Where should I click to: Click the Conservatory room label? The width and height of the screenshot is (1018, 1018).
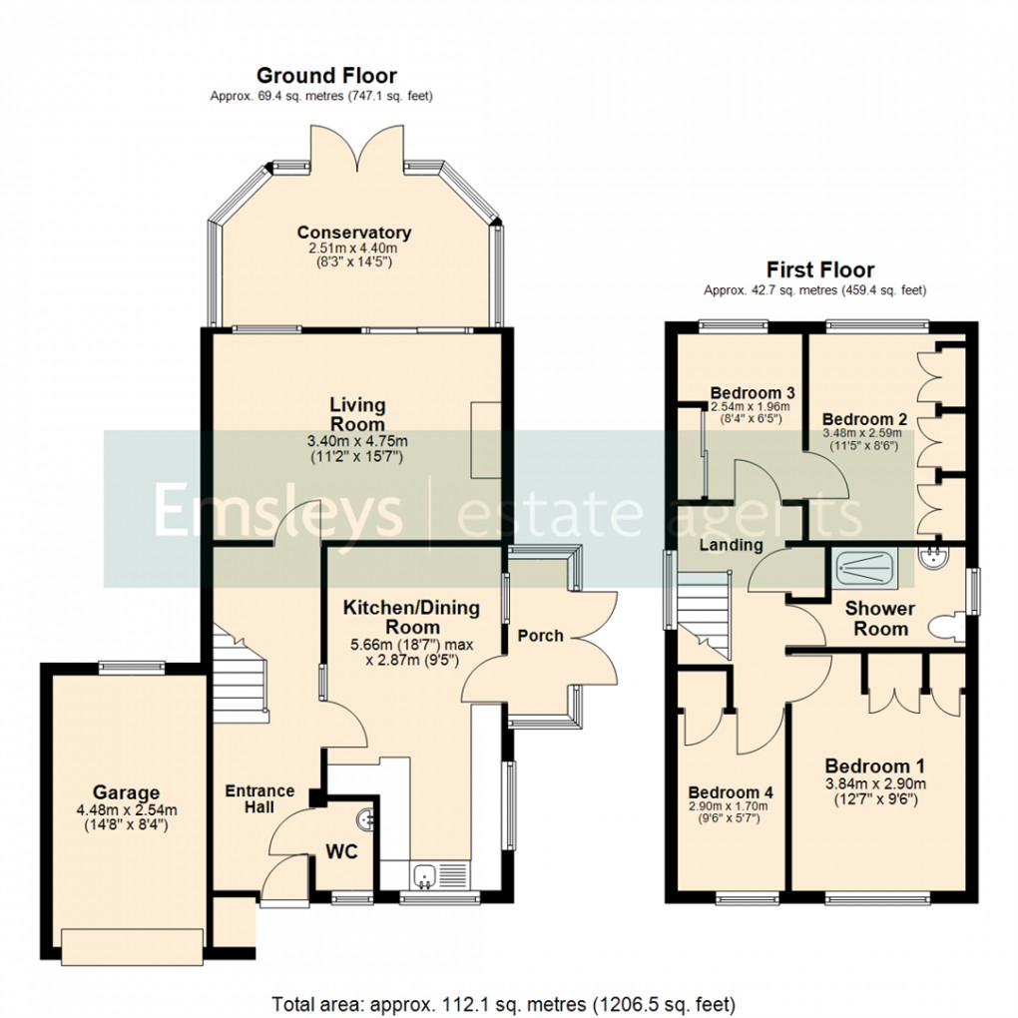click(x=353, y=233)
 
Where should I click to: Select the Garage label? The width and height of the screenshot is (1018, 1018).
click(x=127, y=793)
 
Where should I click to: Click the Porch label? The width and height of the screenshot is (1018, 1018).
click(x=541, y=636)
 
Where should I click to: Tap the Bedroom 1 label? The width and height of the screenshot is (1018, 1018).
click(x=875, y=765)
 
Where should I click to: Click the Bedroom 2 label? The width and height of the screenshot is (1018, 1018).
click(x=862, y=419)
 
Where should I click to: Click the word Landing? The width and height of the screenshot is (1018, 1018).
click(x=731, y=545)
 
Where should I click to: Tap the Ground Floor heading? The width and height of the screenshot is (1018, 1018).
click(x=326, y=76)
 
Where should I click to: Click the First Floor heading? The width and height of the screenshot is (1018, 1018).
click(x=819, y=269)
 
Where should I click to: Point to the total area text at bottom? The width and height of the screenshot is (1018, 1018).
click(x=504, y=1002)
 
